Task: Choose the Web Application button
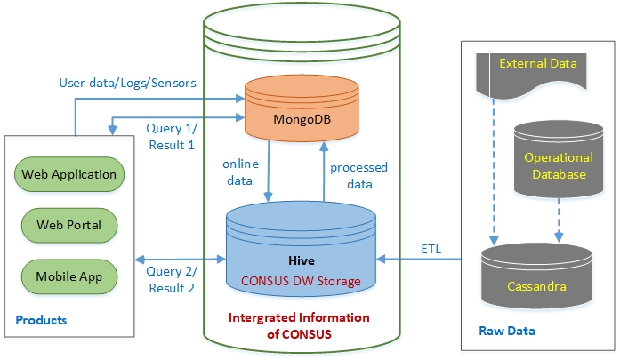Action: point(69,174)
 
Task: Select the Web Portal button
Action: point(69,225)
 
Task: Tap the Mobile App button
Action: point(69,276)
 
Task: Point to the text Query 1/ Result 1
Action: point(170,136)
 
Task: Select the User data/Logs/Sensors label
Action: point(127,83)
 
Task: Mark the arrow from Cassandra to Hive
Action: point(427,260)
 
